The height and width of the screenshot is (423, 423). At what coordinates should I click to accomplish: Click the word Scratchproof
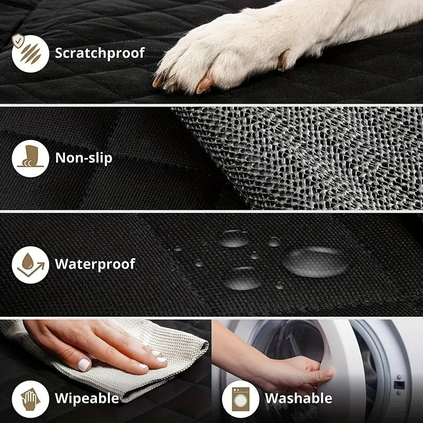pyautogui.click(x=100, y=53)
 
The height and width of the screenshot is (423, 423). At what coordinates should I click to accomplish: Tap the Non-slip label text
pyautogui.click(x=84, y=158)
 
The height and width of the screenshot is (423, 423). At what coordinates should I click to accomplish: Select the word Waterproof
pyautogui.click(x=95, y=263)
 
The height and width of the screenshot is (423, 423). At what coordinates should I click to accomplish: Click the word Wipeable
pyautogui.click(x=87, y=398)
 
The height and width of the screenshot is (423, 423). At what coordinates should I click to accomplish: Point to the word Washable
pyautogui.click(x=298, y=398)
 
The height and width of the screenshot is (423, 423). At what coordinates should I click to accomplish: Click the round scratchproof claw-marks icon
pyautogui.click(x=31, y=53)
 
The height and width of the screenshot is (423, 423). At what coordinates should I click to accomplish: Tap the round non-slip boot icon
pyautogui.click(x=31, y=158)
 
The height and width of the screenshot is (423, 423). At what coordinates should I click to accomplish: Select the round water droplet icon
pyautogui.click(x=31, y=264)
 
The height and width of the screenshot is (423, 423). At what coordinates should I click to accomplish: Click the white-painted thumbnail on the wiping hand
pyautogui.click(x=84, y=364)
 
